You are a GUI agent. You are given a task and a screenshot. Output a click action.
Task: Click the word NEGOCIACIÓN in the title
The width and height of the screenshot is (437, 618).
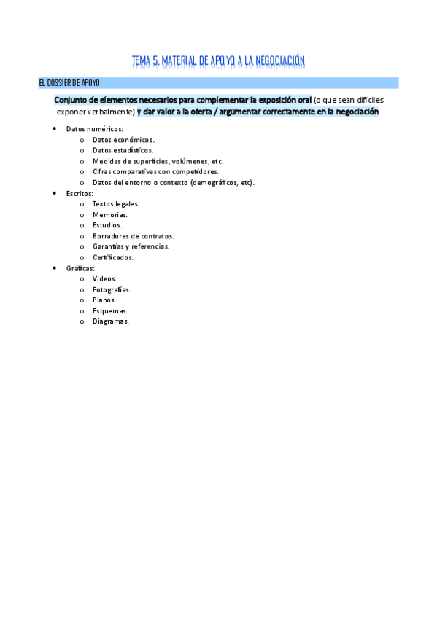coord(278,61)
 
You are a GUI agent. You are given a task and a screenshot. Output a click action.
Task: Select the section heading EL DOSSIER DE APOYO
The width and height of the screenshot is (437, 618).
coord(69,83)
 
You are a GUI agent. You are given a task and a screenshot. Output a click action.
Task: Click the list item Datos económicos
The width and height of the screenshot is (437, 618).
coord(123,139)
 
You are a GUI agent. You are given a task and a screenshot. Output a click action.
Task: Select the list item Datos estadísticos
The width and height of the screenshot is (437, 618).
coord(123,150)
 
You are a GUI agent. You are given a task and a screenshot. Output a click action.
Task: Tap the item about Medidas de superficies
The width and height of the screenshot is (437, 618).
coord(158,161)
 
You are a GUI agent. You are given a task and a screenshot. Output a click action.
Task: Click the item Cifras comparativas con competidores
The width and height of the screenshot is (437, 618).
coord(155,171)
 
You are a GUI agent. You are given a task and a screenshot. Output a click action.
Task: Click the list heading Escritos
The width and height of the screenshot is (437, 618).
coord(80,193)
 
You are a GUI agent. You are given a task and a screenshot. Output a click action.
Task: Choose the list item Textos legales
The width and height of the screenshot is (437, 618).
coord(116,204)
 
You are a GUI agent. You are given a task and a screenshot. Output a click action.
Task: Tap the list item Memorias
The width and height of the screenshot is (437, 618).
coord(110,215)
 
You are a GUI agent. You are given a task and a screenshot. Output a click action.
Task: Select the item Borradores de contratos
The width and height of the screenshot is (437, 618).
coord(133,236)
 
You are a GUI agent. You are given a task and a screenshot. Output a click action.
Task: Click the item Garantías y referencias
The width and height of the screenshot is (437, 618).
coord(131,246)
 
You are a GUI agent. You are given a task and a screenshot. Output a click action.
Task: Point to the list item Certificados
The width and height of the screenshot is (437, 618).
coord(113,257)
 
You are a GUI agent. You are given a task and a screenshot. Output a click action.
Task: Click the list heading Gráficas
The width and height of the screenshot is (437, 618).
coord(80,268)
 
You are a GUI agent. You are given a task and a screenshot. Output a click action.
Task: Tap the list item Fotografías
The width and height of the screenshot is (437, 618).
coord(112,289)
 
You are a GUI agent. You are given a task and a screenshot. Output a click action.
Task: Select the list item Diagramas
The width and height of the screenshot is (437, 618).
coord(111,321)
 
